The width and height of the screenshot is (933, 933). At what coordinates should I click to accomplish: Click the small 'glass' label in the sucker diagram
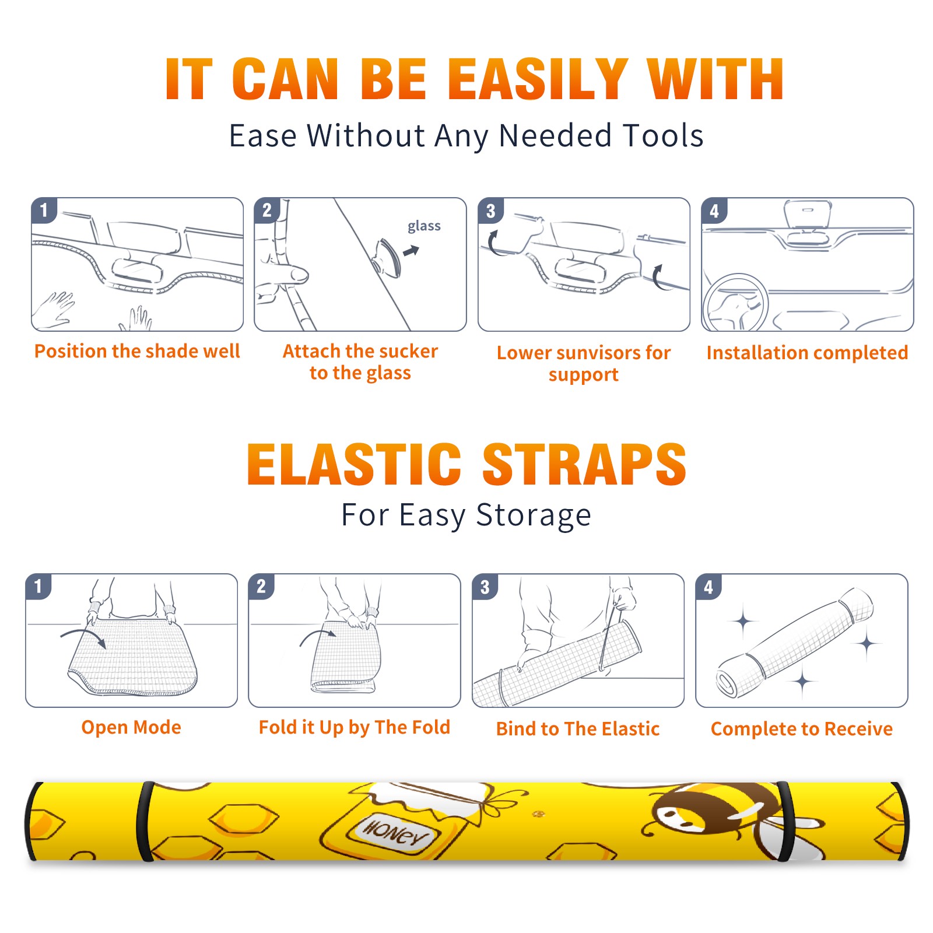(424, 226)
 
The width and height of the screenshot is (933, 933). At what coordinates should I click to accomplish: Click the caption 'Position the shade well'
(137, 351)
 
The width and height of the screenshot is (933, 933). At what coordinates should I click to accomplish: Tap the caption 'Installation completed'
(807, 353)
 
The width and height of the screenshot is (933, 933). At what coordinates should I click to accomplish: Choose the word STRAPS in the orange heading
(584, 464)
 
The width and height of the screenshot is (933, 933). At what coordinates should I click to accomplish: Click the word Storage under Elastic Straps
(534, 515)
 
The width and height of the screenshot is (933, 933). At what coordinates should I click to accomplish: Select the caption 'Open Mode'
(131, 727)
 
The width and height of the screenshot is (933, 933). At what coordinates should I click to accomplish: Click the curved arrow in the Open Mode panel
(84, 636)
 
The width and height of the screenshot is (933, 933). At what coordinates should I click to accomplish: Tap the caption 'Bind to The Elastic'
(578, 729)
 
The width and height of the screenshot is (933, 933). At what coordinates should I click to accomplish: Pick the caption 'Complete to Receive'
(802, 729)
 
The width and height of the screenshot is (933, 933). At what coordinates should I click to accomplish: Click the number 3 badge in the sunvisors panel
(490, 211)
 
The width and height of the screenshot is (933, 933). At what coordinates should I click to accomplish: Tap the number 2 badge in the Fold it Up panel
(261, 586)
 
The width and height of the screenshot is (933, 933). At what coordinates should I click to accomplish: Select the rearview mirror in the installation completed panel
(808, 214)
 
